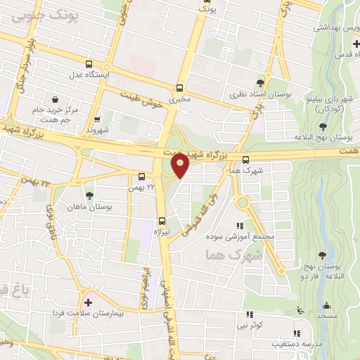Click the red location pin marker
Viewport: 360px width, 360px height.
click(179, 165)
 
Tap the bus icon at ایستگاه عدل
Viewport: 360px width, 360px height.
click(88, 62)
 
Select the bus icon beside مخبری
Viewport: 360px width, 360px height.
click(179, 89)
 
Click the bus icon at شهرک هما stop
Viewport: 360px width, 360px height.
click(245, 160)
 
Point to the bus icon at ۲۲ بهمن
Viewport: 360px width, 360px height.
click(143, 176)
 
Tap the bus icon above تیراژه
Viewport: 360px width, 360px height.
click(162, 220)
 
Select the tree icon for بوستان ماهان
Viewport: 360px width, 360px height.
click(89, 196)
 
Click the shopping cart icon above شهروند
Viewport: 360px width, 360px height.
click(97, 119)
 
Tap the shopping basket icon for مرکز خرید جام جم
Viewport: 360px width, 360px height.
click(54, 99)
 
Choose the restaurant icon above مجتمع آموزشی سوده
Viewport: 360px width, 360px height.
click(240, 226)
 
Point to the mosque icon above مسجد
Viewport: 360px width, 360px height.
click(326, 306)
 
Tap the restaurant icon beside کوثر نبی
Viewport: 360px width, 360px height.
click(247, 314)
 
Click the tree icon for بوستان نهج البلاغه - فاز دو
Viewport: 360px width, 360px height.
click(322, 255)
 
